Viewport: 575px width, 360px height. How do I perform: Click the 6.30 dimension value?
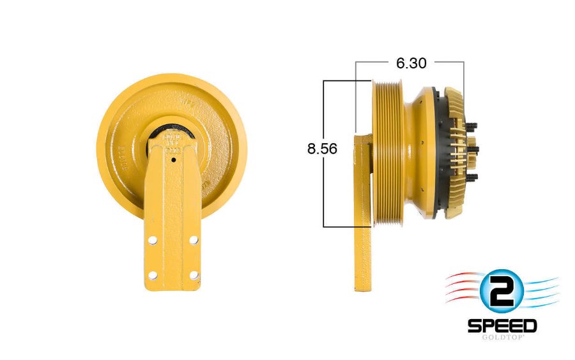point(411,63)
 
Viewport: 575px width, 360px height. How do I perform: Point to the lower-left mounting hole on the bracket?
point(153,275)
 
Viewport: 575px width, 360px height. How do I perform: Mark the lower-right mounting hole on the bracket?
point(194,275)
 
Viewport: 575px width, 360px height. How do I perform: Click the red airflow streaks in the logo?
point(463,288)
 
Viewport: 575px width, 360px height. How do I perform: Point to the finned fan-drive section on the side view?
point(454,152)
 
